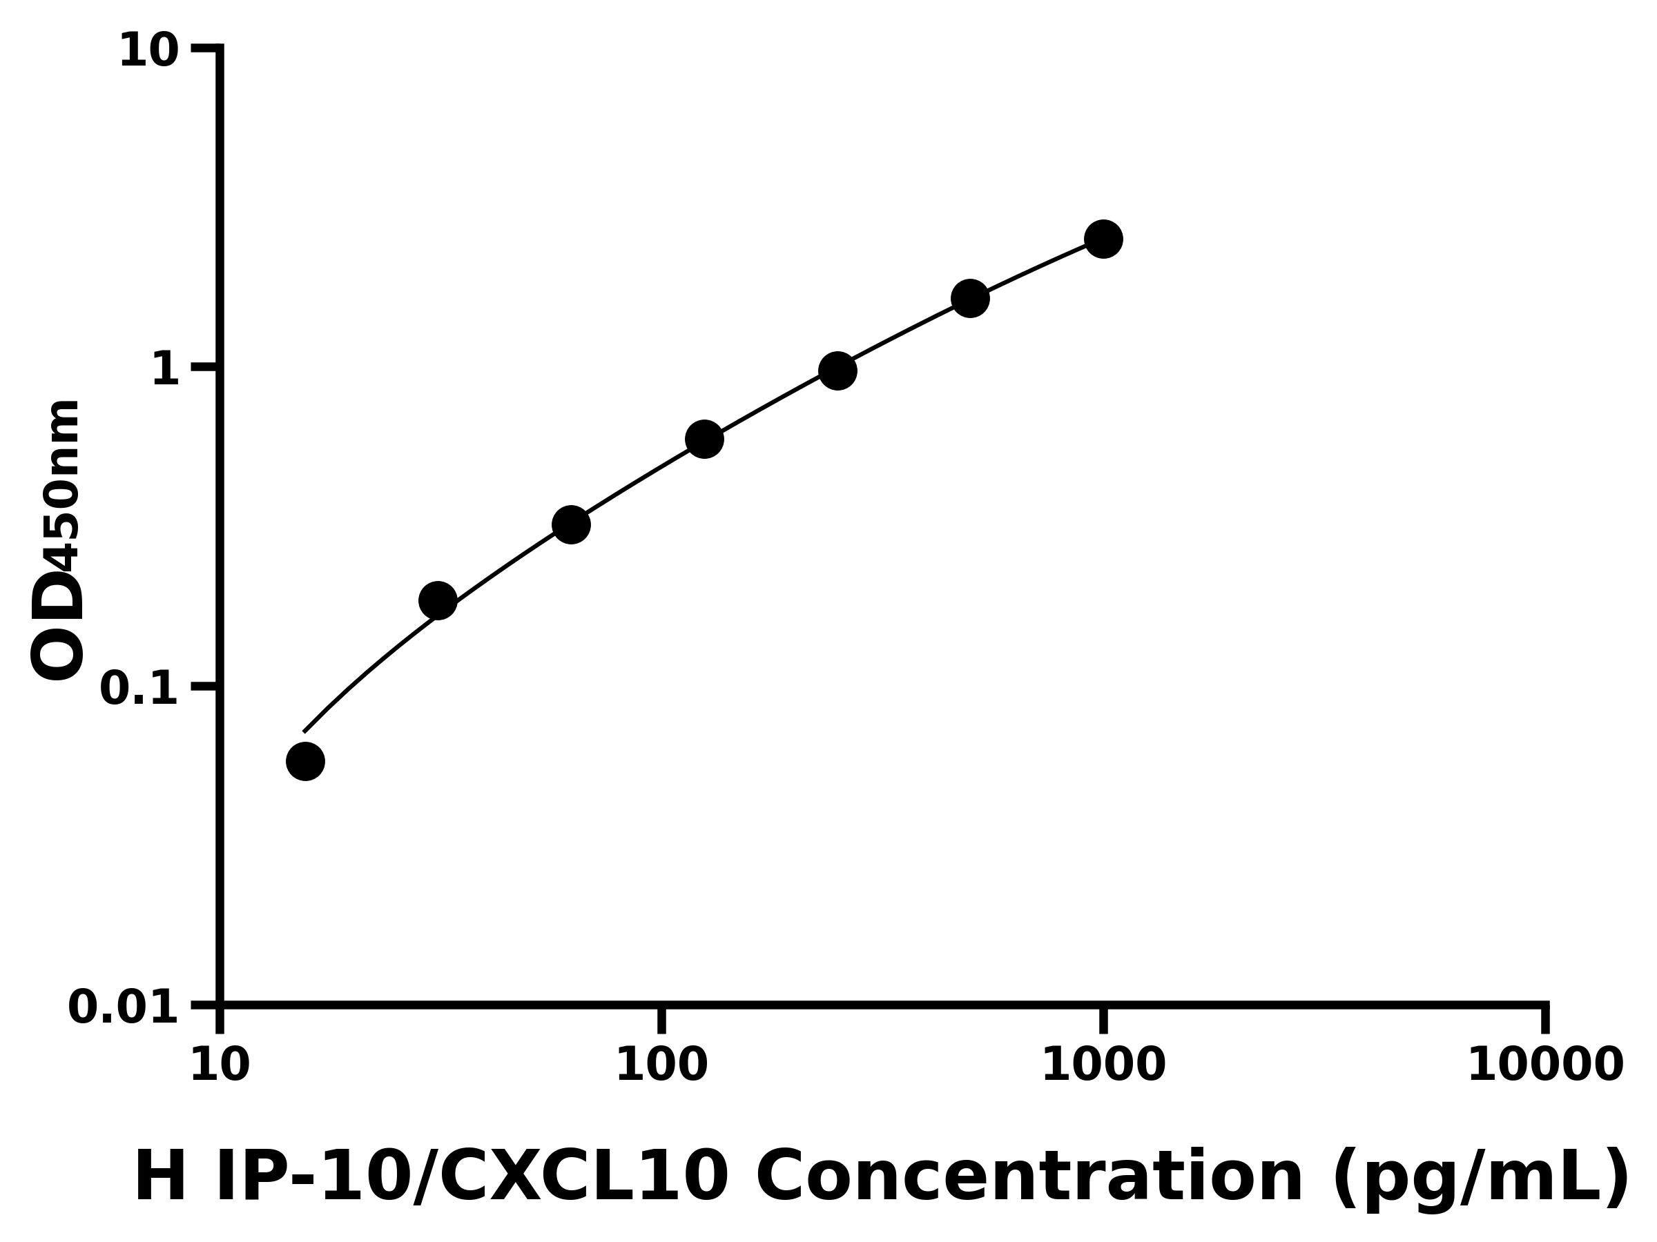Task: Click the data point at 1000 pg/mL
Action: click(1103, 239)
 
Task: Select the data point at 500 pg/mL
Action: click(970, 299)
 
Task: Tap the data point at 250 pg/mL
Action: click(837, 371)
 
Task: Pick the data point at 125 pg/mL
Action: click(704, 439)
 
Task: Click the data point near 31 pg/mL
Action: click(438, 600)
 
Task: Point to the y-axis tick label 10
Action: click(149, 52)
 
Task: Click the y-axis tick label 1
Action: click(166, 370)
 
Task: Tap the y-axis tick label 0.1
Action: click(139, 689)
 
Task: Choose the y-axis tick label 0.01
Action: click(124, 1007)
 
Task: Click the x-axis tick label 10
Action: click(220, 1065)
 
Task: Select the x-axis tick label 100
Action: click(661, 1065)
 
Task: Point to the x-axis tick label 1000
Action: click(1103, 1065)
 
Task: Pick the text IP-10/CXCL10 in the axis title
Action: click(471, 1178)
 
